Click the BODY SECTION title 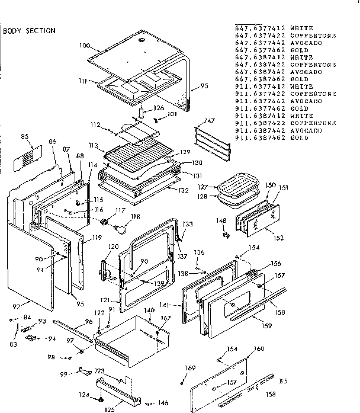(30, 31)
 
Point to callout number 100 (84, 46)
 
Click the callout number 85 (24, 137)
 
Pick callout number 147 (208, 120)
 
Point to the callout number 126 (159, 108)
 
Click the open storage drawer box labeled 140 (130, 338)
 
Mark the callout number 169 (189, 369)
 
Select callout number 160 (259, 348)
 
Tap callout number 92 (16, 306)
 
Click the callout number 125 (110, 408)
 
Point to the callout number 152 (278, 238)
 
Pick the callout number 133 (188, 224)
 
